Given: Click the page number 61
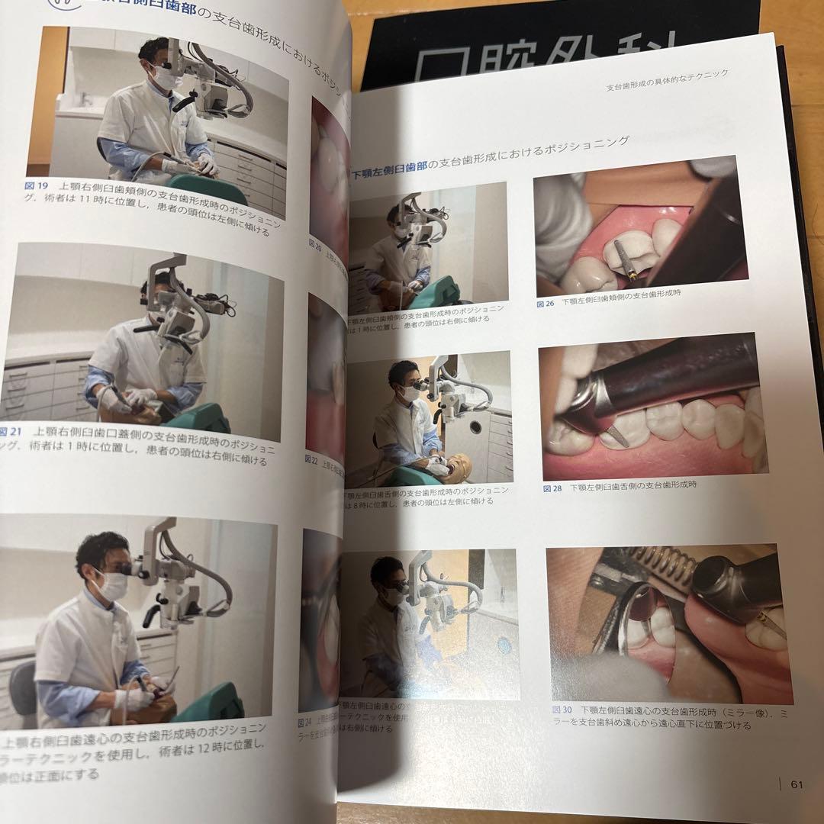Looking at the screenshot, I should point(797,784).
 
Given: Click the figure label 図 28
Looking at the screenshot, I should point(552,488).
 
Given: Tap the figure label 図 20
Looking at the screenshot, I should point(314,244).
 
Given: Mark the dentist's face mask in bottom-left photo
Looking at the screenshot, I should point(111,585).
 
